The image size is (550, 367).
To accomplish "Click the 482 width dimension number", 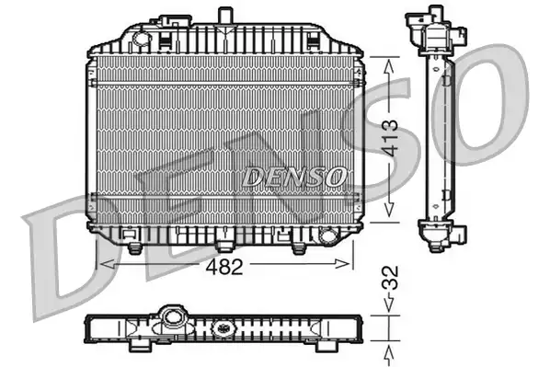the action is [x=224, y=267].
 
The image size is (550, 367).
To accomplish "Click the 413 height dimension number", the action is [x=390, y=138].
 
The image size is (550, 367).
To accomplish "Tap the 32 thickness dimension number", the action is [x=390, y=278].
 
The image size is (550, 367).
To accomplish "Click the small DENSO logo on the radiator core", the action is [x=294, y=177].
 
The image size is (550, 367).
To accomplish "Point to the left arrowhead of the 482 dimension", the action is [x=108, y=264].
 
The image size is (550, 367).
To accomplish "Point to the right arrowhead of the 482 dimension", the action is [x=342, y=264].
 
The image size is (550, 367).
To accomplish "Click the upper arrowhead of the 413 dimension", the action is [x=389, y=66].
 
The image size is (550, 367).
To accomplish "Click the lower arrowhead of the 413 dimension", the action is [x=389, y=209].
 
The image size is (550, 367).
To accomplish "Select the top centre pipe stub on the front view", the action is [x=225, y=16].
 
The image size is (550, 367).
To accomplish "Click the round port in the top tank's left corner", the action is [x=142, y=38].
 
